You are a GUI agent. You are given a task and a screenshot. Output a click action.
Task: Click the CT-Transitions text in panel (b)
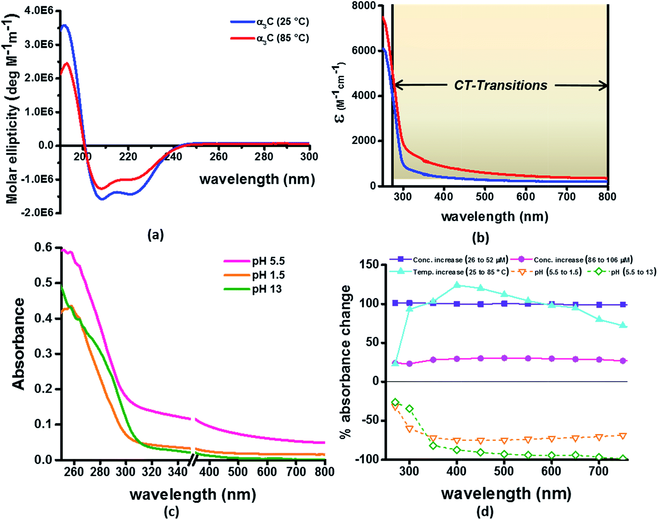tap(500, 85)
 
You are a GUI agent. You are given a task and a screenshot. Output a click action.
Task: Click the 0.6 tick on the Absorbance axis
tap(43, 247)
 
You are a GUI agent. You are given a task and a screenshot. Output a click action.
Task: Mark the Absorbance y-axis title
tap(18, 343)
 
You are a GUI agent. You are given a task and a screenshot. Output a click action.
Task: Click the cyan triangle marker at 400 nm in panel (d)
tap(457, 285)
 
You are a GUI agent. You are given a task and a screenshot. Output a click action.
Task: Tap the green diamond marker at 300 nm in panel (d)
tap(409, 408)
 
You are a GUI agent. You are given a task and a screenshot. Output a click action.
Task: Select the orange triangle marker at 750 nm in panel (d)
tap(623, 436)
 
